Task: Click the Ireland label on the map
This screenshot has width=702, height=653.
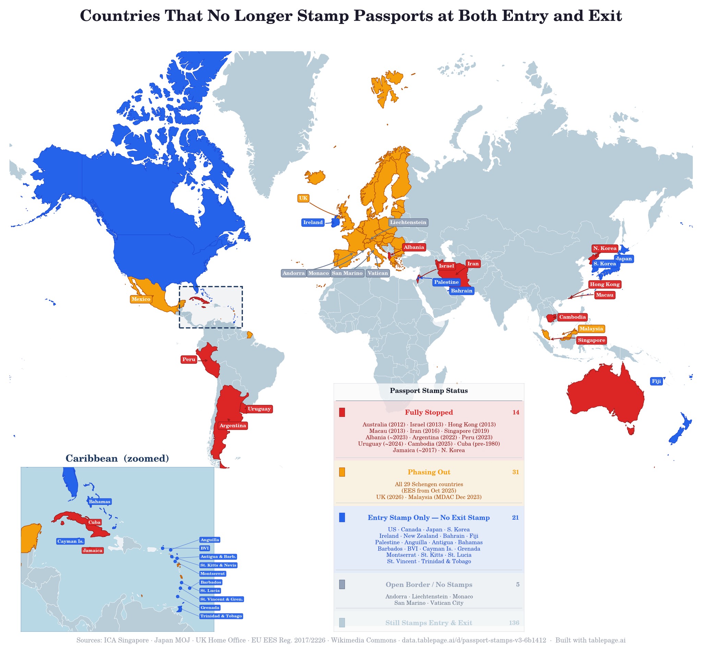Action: point(313,222)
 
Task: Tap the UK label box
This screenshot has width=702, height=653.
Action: point(303,198)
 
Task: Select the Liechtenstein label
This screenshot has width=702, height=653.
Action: point(408,222)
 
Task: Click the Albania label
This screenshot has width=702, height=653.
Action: point(413,247)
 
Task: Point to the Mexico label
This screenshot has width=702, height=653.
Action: point(141,299)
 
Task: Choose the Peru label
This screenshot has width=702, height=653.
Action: point(189,360)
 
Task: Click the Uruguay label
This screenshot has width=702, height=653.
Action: point(259,409)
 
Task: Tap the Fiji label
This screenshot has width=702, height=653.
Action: point(656,381)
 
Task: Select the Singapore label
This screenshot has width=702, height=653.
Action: point(592,340)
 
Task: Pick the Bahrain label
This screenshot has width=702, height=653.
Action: point(461,291)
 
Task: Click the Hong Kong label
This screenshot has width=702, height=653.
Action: point(605,284)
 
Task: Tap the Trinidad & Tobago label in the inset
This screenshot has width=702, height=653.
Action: point(221,616)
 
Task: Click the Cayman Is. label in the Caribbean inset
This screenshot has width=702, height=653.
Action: point(70,541)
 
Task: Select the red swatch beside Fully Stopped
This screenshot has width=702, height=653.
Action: point(342,412)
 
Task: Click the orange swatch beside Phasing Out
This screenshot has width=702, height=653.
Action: point(342,472)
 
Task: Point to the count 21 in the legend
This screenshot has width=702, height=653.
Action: point(515,518)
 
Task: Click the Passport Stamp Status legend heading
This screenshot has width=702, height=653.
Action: point(429,390)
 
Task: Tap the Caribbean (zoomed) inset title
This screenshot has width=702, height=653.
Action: point(117,458)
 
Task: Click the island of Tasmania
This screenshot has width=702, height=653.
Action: point(631,430)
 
